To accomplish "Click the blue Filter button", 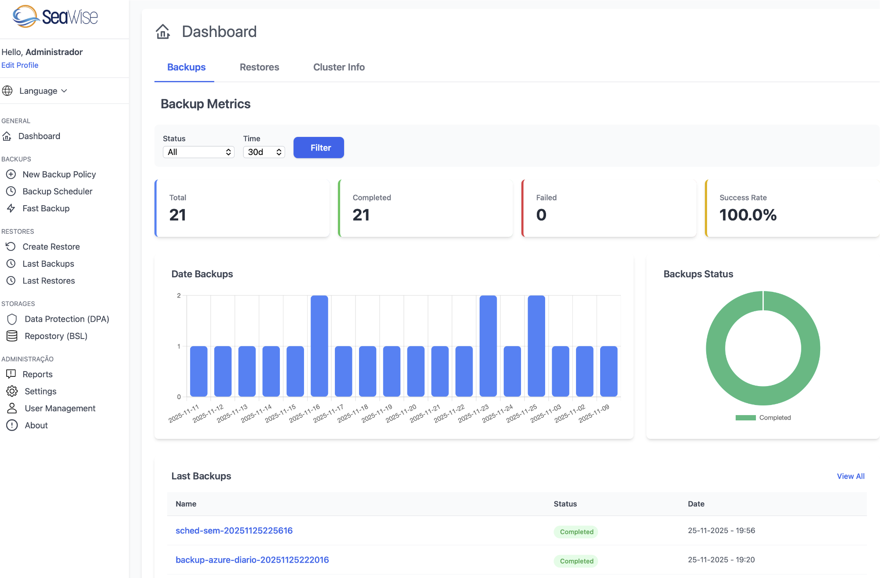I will [319, 148].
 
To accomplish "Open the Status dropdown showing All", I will [198, 152].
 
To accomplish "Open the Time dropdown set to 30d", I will [264, 152].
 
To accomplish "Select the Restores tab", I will [259, 67].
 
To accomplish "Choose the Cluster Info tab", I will [339, 67].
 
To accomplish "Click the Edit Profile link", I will [20, 65].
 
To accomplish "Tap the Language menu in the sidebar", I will [38, 91].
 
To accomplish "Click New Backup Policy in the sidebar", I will [59, 174].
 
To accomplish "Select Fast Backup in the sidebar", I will [46, 208].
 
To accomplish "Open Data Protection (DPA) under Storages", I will [66, 319].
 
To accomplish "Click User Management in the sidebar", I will [60, 409].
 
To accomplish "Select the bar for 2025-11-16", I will [319, 346].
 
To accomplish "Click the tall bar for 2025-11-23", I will [488, 346].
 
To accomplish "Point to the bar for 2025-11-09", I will [609, 371].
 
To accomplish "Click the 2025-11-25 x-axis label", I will [522, 413].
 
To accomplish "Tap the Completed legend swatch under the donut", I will [745, 418].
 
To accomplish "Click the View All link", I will [850, 476].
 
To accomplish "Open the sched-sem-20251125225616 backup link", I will [234, 531].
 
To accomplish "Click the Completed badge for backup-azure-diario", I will [576, 561].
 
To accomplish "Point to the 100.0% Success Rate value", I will [748, 215].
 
